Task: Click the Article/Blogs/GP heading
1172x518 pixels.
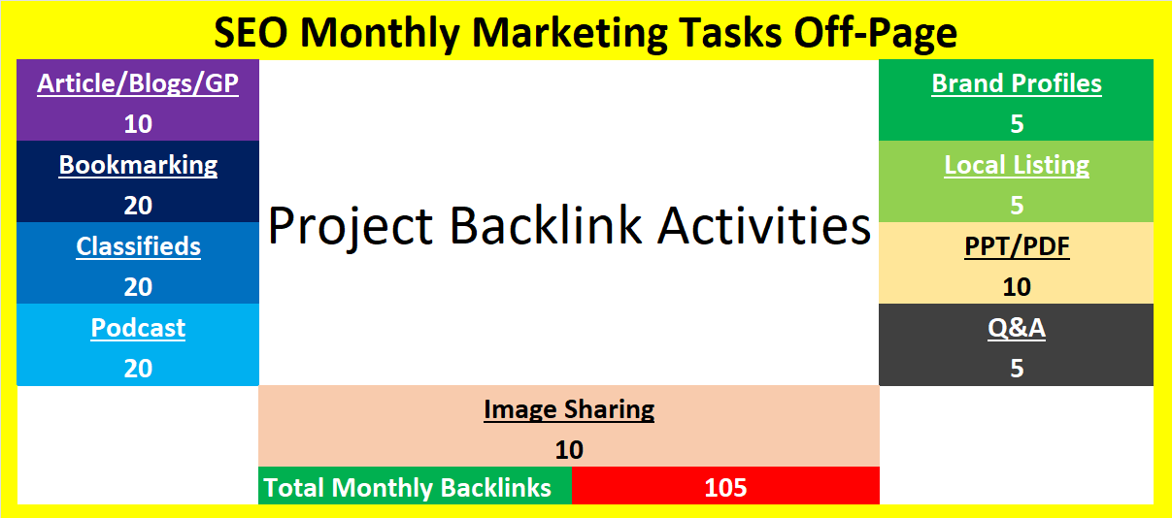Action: point(138,83)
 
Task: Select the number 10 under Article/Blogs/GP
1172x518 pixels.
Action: point(138,124)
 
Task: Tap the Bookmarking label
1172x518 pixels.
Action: point(138,165)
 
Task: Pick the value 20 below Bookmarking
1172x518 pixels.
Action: point(138,206)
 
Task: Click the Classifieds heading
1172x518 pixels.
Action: point(138,246)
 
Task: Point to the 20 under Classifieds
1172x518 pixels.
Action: point(138,287)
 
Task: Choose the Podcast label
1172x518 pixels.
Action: point(138,328)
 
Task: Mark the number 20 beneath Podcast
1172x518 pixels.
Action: point(138,369)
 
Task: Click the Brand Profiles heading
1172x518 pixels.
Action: point(1017,83)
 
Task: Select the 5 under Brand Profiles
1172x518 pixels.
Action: point(1017,124)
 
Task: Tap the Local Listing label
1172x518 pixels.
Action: point(1017,165)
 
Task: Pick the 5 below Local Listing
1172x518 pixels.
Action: point(1017,206)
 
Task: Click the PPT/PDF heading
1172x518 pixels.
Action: point(1017,246)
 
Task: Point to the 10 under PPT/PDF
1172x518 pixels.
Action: point(1017,287)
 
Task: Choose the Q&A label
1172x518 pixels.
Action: point(1017,328)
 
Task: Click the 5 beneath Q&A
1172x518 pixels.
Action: point(1017,369)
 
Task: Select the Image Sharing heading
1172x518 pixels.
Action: point(569,409)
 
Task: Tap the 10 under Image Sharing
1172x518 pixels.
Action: point(569,450)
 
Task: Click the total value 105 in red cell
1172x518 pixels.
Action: point(725,488)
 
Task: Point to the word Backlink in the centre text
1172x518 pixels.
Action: point(545,225)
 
